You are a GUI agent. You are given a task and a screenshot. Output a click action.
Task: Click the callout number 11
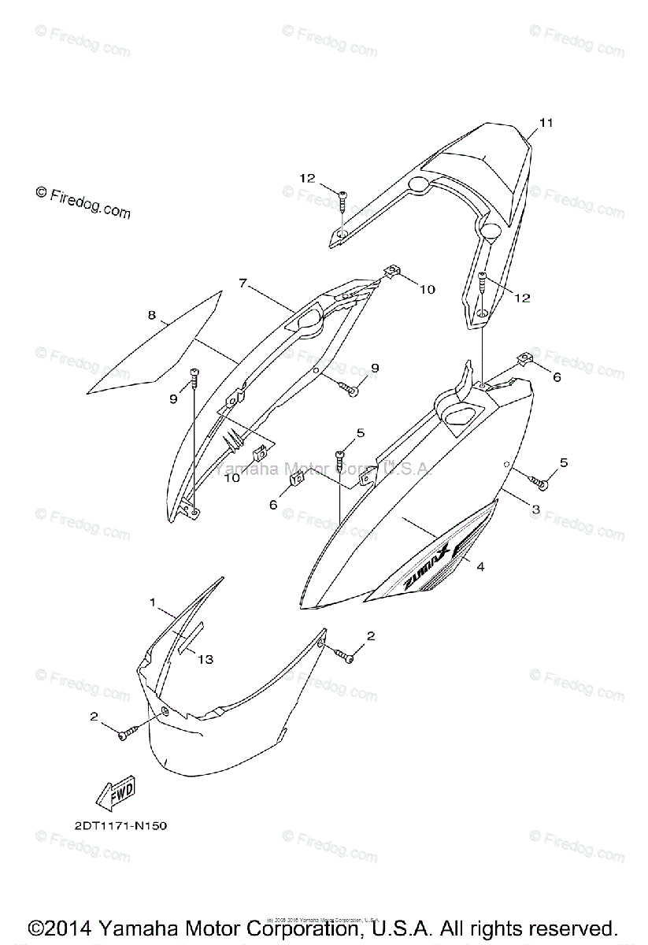(x=546, y=122)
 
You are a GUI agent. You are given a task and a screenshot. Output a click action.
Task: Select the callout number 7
(x=243, y=283)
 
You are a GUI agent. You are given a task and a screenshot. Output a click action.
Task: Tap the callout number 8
(x=151, y=316)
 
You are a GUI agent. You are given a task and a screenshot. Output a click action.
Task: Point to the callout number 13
(x=205, y=659)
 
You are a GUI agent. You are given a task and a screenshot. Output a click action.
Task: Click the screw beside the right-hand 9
(x=349, y=386)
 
